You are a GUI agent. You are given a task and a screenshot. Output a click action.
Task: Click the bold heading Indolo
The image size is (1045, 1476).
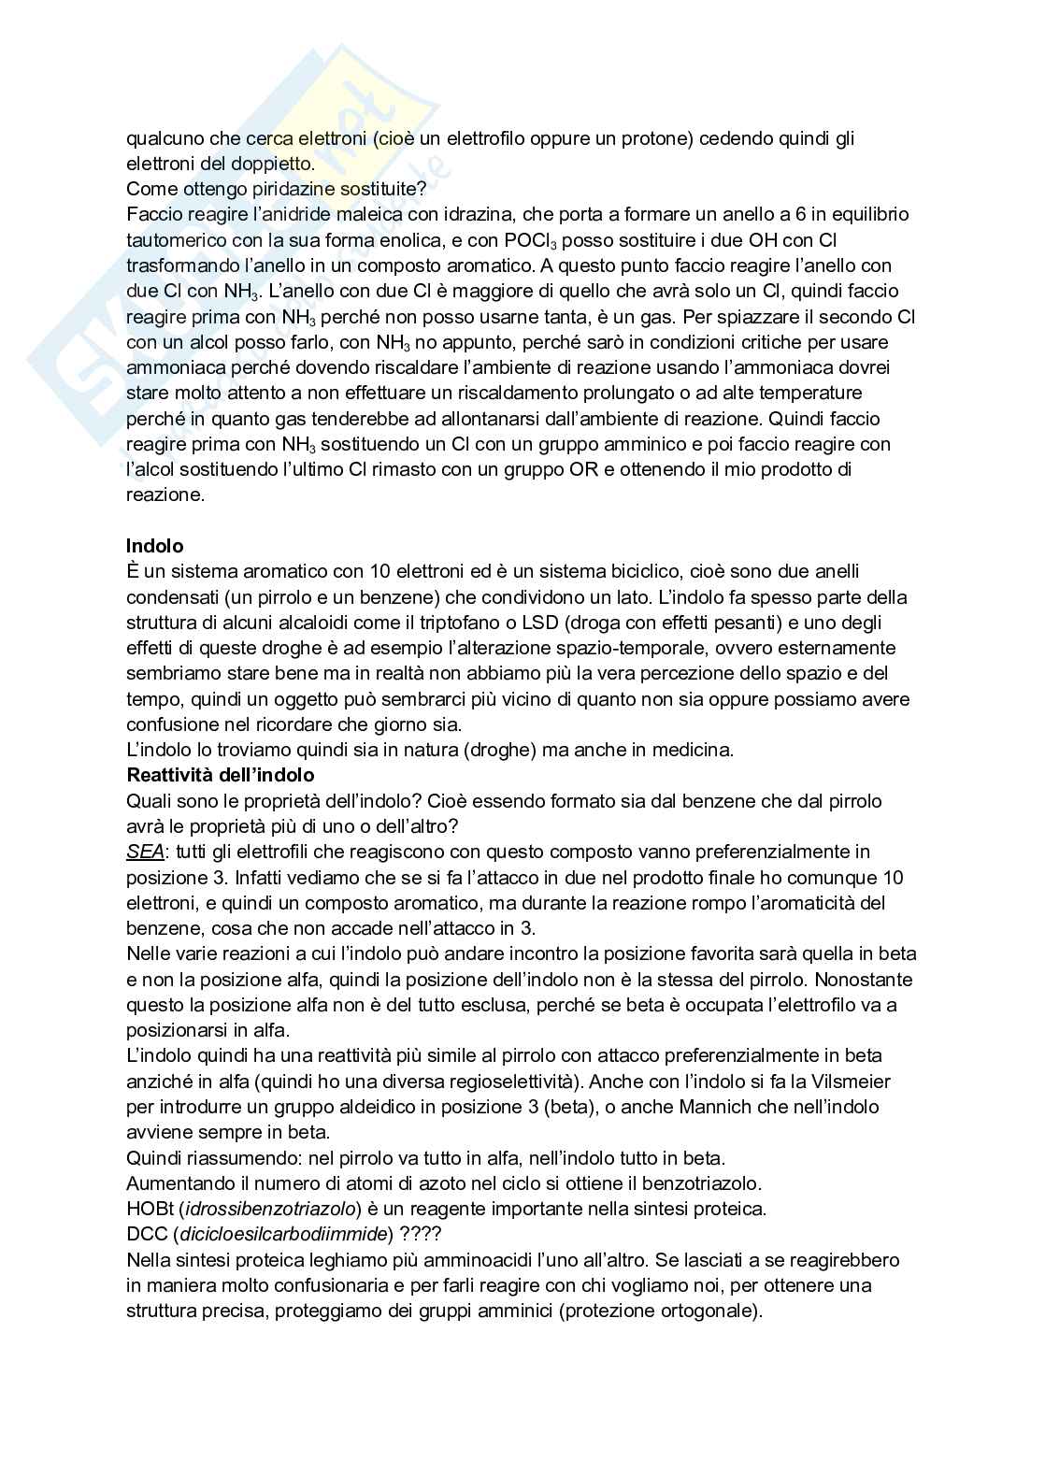coord(154,546)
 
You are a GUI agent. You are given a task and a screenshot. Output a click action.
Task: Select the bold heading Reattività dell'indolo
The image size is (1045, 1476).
coord(220,775)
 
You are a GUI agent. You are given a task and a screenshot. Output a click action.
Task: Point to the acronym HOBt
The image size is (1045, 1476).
coord(148,1209)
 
